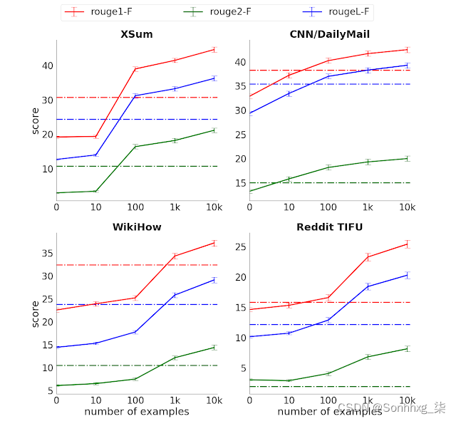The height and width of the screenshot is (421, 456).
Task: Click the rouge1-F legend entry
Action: (x=106, y=12)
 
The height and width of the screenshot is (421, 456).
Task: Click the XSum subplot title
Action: (x=136, y=34)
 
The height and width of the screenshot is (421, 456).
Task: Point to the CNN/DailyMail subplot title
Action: (x=329, y=34)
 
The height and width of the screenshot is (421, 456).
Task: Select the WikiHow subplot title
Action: (x=136, y=227)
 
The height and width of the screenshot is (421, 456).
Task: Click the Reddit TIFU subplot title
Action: (x=329, y=227)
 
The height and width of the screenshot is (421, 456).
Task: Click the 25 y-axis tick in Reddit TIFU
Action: (x=239, y=247)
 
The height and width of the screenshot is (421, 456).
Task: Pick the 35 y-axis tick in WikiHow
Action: (x=46, y=254)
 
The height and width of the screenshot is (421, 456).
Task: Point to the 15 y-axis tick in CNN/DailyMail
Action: (x=239, y=183)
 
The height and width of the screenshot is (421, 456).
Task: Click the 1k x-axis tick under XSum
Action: (x=175, y=207)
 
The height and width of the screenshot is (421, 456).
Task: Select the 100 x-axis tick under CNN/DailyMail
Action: (x=328, y=207)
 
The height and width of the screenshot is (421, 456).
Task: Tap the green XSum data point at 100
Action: (x=135, y=146)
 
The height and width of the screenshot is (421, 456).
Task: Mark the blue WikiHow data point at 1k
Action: (x=175, y=294)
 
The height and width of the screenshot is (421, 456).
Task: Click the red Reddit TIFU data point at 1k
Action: (x=368, y=256)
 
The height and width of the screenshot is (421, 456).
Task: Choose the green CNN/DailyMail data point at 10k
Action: (x=408, y=158)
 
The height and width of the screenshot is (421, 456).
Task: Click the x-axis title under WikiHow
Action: (x=136, y=411)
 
